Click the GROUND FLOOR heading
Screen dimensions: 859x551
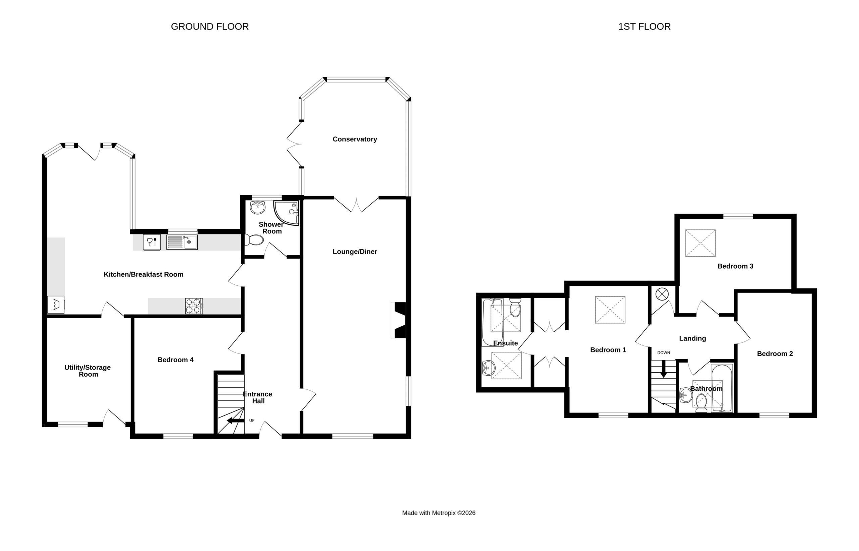point(210,26)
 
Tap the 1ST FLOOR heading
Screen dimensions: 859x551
point(644,26)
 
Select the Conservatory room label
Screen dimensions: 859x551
point(355,139)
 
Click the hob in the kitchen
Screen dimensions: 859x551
point(194,306)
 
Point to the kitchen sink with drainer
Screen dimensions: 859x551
point(182,242)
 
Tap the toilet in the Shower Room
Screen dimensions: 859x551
point(254,240)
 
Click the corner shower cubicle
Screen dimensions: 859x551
point(286,213)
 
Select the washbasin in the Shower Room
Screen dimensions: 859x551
point(258,207)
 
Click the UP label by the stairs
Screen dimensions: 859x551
point(252,421)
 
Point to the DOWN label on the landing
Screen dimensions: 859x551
point(664,352)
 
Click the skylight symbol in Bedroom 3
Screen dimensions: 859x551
point(700,243)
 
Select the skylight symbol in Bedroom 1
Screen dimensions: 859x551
point(610,310)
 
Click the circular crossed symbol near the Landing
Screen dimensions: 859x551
point(662,294)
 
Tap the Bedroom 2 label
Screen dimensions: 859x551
point(775,354)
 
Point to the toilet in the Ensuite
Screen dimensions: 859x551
point(515,308)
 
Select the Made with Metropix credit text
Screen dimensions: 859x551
point(439,513)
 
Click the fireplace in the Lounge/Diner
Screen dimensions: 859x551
point(399,320)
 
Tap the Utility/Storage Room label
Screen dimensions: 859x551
point(88,371)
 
